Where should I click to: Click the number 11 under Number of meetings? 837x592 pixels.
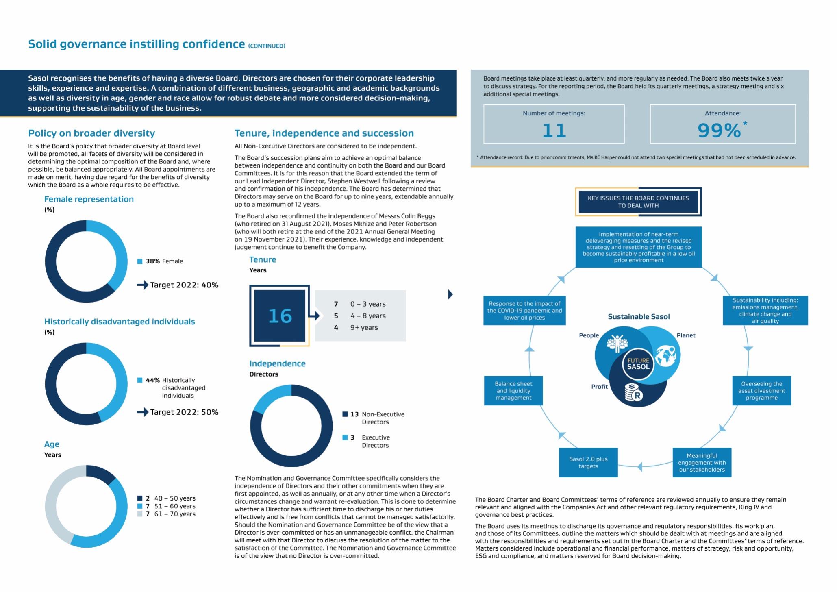[x=554, y=131]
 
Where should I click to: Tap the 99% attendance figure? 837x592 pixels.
[x=719, y=131]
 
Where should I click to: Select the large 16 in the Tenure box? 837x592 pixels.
[x=280, y=316]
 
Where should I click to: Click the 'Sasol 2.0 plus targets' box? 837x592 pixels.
[x=588, y=462]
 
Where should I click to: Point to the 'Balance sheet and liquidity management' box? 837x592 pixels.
[x=513, y=390]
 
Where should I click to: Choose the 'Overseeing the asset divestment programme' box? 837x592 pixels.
[x=761, y=390]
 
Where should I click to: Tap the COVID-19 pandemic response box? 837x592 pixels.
[x=524, y=310]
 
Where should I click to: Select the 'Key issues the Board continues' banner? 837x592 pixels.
[x=638, y=202]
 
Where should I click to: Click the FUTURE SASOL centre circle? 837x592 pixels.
[x=638, y=363]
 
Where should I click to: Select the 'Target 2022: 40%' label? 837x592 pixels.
[x=184, y=285]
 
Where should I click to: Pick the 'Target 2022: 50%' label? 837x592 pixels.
[x=184, y=412]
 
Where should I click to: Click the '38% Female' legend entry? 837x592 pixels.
[x=164, y=261]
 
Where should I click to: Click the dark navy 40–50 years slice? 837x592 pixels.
[x=100, y=474]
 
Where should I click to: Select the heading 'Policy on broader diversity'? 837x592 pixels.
[x=91, y=133]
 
